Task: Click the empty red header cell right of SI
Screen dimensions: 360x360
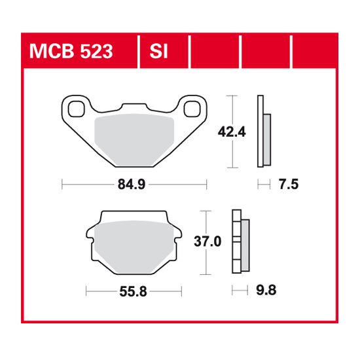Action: click(215, 50)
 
